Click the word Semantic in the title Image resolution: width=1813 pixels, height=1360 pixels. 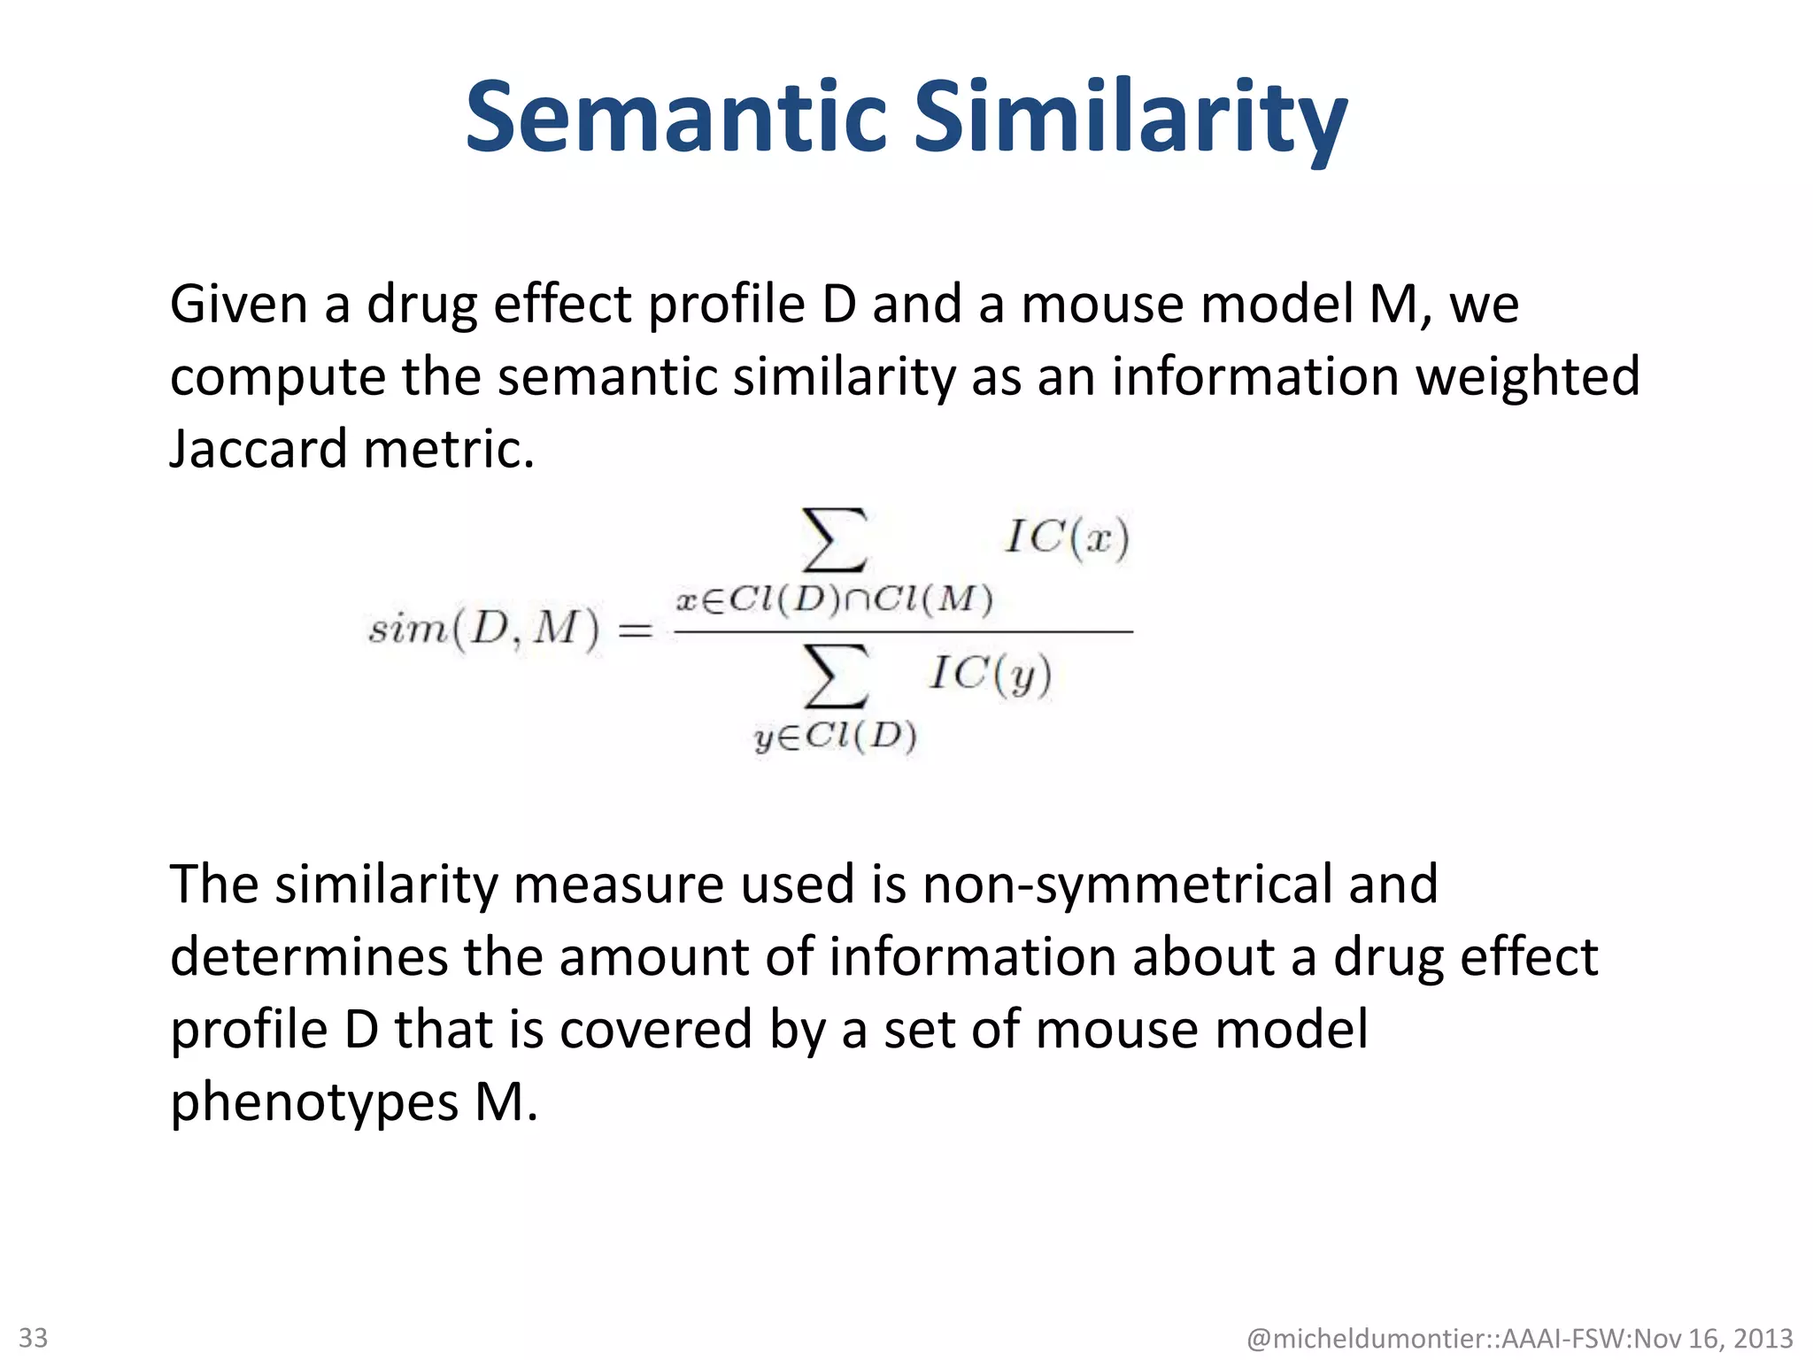[x=675, y=118]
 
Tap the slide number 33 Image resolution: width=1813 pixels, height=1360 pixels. [x=34, y=1337]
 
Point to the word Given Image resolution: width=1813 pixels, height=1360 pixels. [x=238, y=304]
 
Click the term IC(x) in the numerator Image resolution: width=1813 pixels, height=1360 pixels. [x=1067, y=537]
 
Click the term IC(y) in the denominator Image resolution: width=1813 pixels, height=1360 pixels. [x=991, y=675]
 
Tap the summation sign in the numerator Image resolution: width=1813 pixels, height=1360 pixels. [x=833, y=539]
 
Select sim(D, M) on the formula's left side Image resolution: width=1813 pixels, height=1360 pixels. [x=483, y=630]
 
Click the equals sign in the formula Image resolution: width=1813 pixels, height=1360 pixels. [x=635, y=631]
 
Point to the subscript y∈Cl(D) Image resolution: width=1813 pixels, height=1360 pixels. [x=835, y=737]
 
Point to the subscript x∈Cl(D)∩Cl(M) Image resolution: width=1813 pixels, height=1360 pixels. [x=834, y=600]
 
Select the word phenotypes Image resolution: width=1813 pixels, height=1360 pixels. [x=314, y=1102]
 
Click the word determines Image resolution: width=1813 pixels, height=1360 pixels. [x=309, y=957]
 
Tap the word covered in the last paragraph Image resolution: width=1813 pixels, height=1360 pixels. [x=655, y=1030]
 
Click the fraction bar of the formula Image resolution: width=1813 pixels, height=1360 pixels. [x=903, y=631]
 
